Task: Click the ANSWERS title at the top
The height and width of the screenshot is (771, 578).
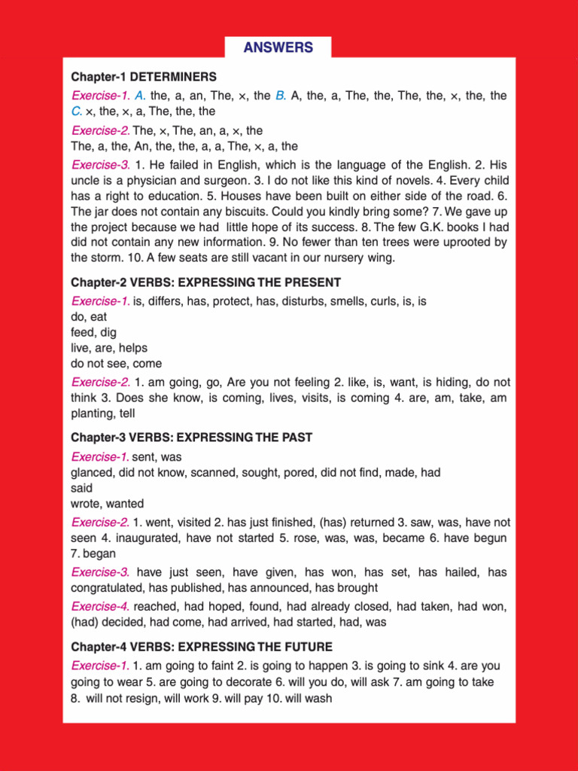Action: pyautogui.click(x=278, y=47)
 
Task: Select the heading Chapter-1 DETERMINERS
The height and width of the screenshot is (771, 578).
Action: pyautogui.click(x=144, y=77)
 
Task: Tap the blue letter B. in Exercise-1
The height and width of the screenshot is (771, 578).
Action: pyautogui.click(x=280, y=96)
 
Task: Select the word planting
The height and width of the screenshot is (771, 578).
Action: pyautogui.click(x=94, y=413)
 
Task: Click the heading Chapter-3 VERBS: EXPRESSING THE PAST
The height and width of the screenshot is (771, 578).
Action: pyautogui.click(x=192, y=437)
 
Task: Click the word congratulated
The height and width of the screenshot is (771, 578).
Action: pyautogui.click(x=107, y=587)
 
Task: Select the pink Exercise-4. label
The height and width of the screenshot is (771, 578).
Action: pyautogui.click(x=100, y=606)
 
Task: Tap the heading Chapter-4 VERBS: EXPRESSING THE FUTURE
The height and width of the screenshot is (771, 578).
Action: pyautogui.click(x=202, y=647)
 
